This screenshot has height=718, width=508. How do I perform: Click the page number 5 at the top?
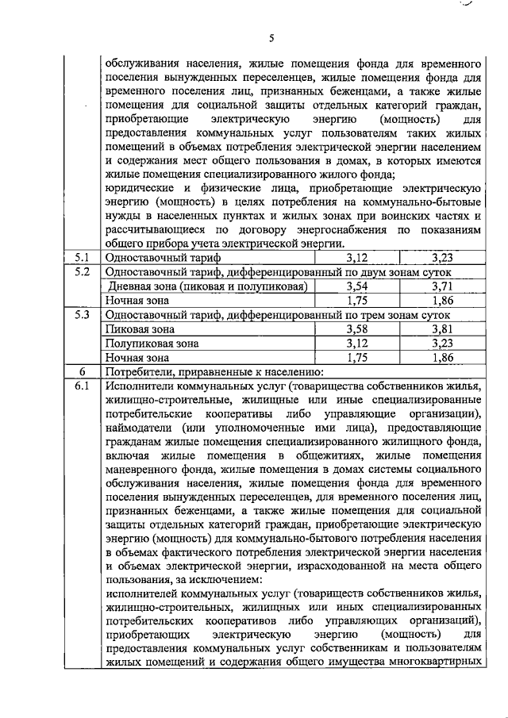click(x=271, y=37)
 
